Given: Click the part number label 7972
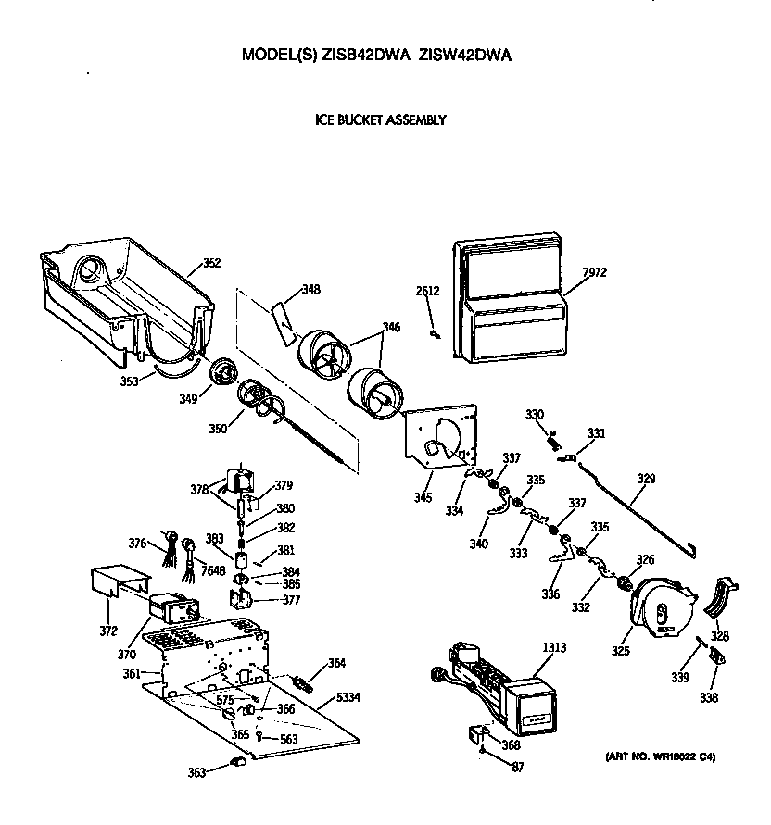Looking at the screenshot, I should (596, 272).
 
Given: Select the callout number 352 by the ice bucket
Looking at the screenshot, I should (211, 263).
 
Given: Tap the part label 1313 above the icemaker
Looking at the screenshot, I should (554, 649).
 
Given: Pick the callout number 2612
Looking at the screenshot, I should (427, 291).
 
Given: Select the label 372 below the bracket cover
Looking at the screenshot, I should (109, 631).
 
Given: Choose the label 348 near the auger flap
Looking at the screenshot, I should (311, 290).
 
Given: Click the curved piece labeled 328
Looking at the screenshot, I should (724, 600).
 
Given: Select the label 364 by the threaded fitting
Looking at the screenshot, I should (336, 662).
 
